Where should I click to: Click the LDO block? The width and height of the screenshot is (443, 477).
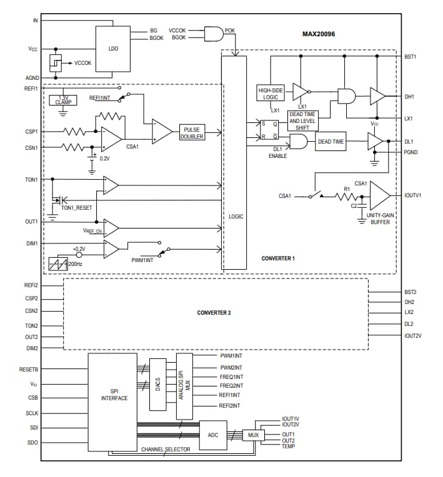pyautogui.click(x=114, y=48)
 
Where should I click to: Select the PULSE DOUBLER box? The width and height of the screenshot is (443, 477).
pyautogui.click(x=192, y=132)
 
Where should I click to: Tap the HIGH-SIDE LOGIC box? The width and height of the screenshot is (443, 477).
pyautogui.click(x=270, y=93)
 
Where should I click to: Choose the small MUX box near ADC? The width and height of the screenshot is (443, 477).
pyautogui.click(x=252, y=435)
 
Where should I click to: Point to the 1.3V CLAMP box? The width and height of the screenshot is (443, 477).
pyautogui.click(x=63, y=100)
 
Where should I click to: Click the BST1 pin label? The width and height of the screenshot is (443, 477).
pyautogui.click(x=410, y=56)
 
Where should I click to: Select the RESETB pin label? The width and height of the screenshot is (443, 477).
pyautogui.click(x=29, y=370)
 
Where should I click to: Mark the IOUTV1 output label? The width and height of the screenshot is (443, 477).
pyautogui.click(x=413, y=195)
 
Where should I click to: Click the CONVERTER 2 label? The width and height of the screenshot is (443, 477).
pyautogui.click(x=214, y=312)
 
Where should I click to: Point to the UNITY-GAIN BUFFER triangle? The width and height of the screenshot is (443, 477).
pyautogui.click(x=379, y=195)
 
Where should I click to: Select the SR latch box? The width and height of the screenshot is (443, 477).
pyautogui.click(x=270, y=130)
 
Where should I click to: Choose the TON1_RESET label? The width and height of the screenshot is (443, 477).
pyautogui.click(x=76, y=207)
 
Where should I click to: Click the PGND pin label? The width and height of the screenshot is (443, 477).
pyautogui.click(x=410, y=152)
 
